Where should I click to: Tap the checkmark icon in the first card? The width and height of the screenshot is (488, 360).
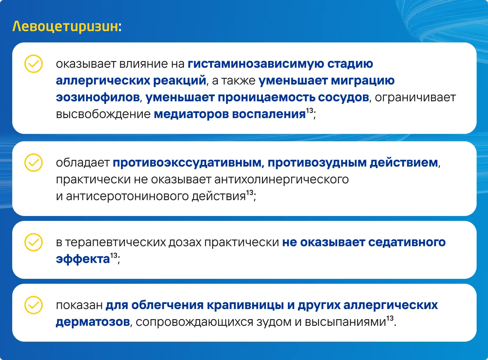point(33,64)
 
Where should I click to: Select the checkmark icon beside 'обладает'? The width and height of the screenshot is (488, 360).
point(33,163)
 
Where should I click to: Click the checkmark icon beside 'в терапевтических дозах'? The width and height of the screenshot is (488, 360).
point(33,242)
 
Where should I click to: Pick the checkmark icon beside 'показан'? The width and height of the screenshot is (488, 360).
point(33,305)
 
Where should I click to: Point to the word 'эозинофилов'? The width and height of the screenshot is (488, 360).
point(98,97)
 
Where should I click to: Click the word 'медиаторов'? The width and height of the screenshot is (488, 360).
point(191,114)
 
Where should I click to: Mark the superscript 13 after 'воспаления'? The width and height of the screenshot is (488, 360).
point(309,111)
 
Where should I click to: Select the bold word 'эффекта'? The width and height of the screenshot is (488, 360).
point(83,259)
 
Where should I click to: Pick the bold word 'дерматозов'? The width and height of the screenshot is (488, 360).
point(93,322)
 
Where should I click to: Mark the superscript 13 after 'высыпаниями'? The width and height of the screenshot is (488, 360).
point(390,319)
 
